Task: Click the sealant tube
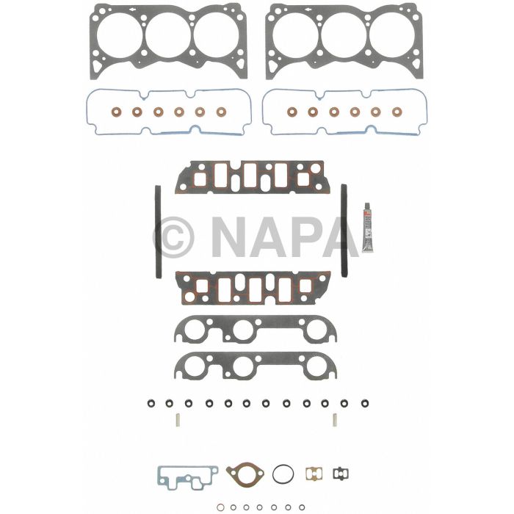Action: point(366,228)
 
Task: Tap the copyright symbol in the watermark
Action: point(173,236)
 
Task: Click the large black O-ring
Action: point(283,474)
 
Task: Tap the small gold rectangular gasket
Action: point(314,474)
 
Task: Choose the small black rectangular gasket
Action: point(339,474)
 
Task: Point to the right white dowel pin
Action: point(335,420)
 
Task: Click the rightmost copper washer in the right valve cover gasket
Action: point(397,112)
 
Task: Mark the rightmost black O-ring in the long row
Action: point(362,403)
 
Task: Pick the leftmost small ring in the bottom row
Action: point(220,506)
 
